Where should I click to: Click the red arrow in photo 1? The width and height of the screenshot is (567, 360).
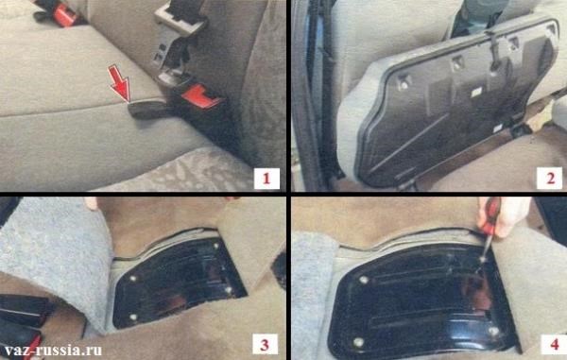click(121, 83)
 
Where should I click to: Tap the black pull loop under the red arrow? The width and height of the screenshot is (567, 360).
click(147, 110)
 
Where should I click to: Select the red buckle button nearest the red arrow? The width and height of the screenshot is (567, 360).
click(198, 95)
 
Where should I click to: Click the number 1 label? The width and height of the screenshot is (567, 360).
click(266, 179)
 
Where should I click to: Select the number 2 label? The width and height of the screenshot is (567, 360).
click(550, 179)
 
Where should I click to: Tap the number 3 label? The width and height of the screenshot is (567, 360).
click(265, 345)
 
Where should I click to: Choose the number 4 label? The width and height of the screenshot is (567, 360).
click(555, 345)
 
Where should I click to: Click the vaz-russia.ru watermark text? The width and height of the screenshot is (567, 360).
click(53, 351)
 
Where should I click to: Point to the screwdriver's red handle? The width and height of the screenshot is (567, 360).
click(490, 216)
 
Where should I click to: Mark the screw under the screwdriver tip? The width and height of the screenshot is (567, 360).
click(481, 260)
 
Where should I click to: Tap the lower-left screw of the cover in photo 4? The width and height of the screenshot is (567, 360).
click(358, 341)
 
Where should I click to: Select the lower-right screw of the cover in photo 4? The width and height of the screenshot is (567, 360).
click(493, 330)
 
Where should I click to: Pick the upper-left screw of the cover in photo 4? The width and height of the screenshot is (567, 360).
click(364, 280)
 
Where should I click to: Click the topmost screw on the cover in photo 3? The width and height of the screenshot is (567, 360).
click(216, 247)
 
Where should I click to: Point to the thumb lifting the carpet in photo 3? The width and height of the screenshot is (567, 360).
click(91, 203)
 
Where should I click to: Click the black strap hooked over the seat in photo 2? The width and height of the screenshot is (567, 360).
click(493, 51)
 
